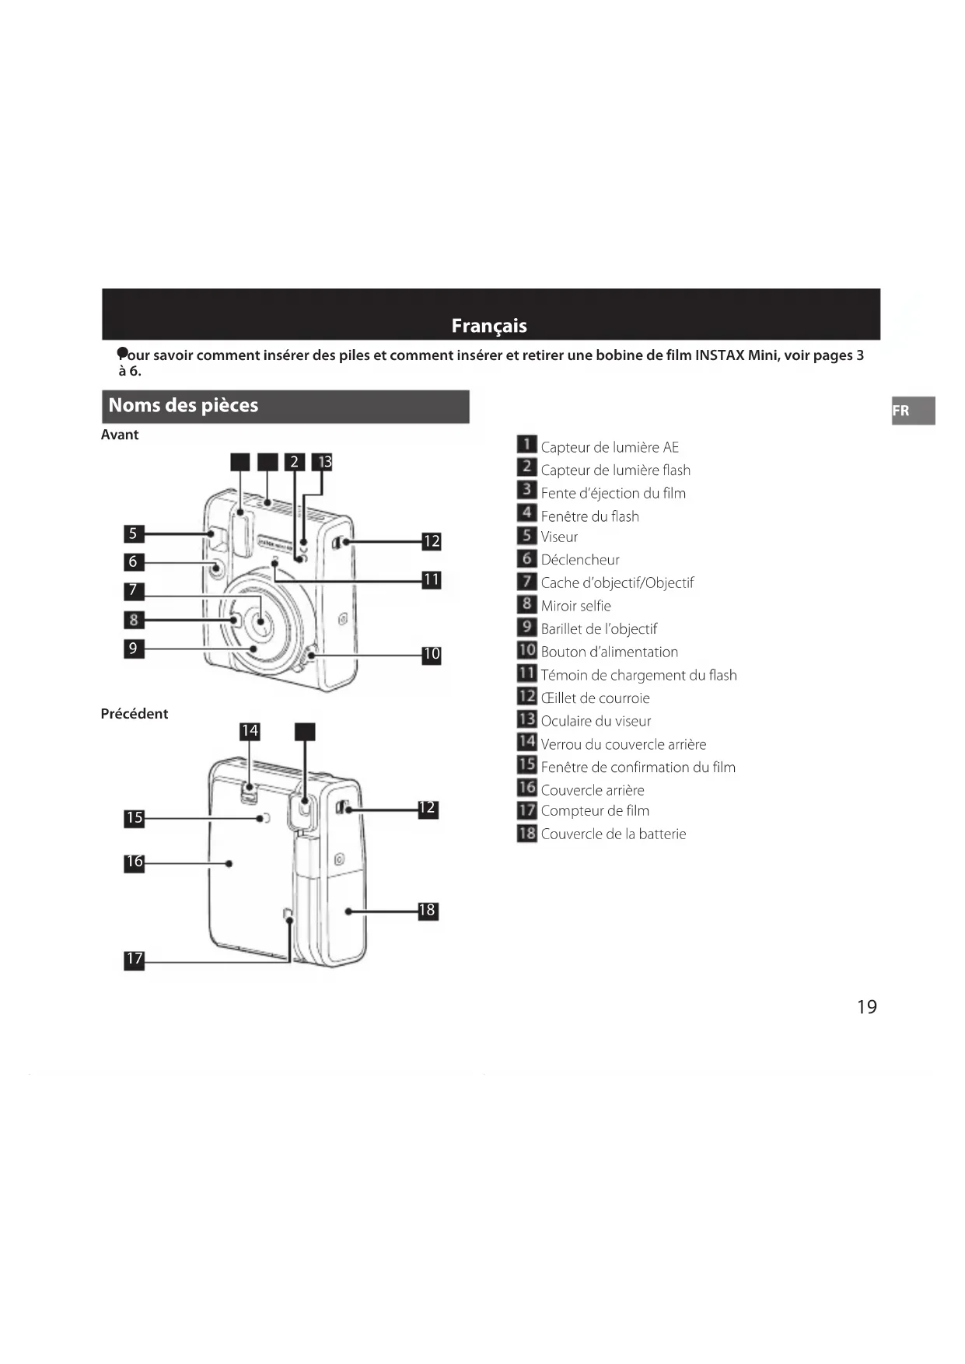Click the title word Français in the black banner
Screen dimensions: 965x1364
(x=489, y=326)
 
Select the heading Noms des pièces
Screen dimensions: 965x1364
(x=184, y=405)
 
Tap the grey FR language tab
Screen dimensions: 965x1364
(x=912, y=411)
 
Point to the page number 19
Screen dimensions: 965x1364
(x=866, y=1007)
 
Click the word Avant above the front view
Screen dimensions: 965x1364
(x=119, y=435)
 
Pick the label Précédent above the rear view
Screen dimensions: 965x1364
(x=134, y=714)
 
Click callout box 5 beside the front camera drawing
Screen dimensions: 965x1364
(x=134, y=533)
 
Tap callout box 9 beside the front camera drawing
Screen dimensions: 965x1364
(x=134, y=649)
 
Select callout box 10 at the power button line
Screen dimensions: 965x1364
(x=432, y=655)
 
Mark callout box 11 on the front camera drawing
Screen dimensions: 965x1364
(x=432, y=579)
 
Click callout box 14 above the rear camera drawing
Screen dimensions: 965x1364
(x=250, y=731)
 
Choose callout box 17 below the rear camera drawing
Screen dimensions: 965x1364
(x=135, y=959)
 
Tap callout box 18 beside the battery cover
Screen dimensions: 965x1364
(x=427, y=911)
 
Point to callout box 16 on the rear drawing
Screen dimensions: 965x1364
(x=135, y=862)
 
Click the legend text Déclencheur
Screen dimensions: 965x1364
(x=580, y=560)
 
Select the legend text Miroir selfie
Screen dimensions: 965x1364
(x=575, y=606)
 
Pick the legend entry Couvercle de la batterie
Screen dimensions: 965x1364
(x=614, y=834)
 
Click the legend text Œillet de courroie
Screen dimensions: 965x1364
(x=595, y=698)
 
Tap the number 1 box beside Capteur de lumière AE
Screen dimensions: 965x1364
(x=526, y=445)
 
